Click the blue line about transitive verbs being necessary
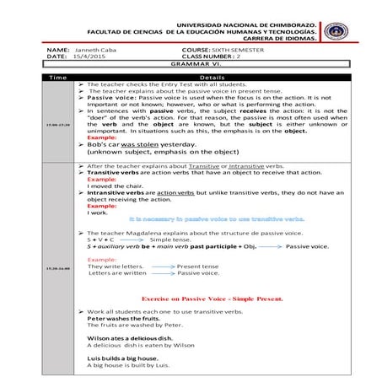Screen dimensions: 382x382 pyautogui.click(x=217, y=218)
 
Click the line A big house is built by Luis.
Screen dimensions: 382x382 pyautogui.click(x=128, y=365)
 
